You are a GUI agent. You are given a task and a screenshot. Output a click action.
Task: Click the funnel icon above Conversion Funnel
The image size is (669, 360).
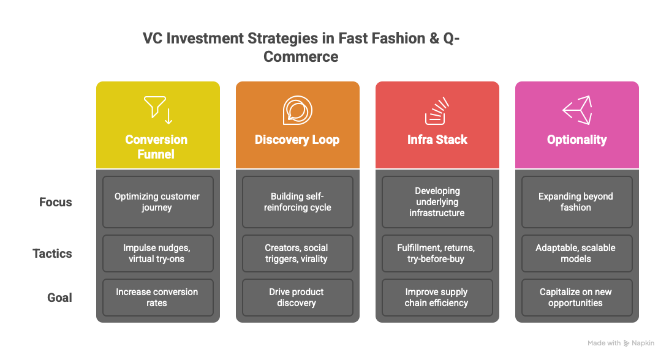[158, 110]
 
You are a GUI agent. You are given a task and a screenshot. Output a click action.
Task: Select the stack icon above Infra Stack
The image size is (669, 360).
[437, 110]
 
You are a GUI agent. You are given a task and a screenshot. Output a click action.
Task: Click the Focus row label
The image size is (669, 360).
[56, 202]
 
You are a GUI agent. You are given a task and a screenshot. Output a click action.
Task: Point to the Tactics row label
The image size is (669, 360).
[53, 253]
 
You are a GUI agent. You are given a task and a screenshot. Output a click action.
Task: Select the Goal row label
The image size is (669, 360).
[60, 298]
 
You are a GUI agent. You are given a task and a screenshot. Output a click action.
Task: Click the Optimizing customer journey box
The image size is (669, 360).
[157, 202]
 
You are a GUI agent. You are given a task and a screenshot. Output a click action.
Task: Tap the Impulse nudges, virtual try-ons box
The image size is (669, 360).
[157, 253]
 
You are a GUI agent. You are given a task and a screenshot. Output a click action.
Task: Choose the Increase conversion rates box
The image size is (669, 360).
[157, 298]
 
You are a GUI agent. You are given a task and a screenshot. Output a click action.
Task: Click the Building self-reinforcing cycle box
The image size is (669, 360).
[297, 202]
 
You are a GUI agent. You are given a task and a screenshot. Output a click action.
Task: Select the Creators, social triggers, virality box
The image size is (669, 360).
[297, 253]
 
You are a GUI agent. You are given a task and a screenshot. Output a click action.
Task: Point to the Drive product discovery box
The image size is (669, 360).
[297, 298]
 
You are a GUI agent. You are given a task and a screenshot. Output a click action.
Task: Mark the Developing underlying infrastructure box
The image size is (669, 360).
[437, 202]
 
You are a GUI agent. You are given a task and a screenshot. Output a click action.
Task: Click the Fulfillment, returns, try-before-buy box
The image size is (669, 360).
[437, 253]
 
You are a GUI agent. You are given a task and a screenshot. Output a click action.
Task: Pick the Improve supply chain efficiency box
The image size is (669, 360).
[437, 298]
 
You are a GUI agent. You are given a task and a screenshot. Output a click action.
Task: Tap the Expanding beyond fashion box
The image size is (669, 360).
[576, 202]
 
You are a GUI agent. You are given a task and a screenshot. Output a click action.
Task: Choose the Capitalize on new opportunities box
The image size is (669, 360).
[576, 298]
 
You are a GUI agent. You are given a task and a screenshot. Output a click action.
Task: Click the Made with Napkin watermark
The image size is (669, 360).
[621, 343]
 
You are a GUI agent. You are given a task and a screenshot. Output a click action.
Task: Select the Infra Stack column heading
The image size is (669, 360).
[437, 140]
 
